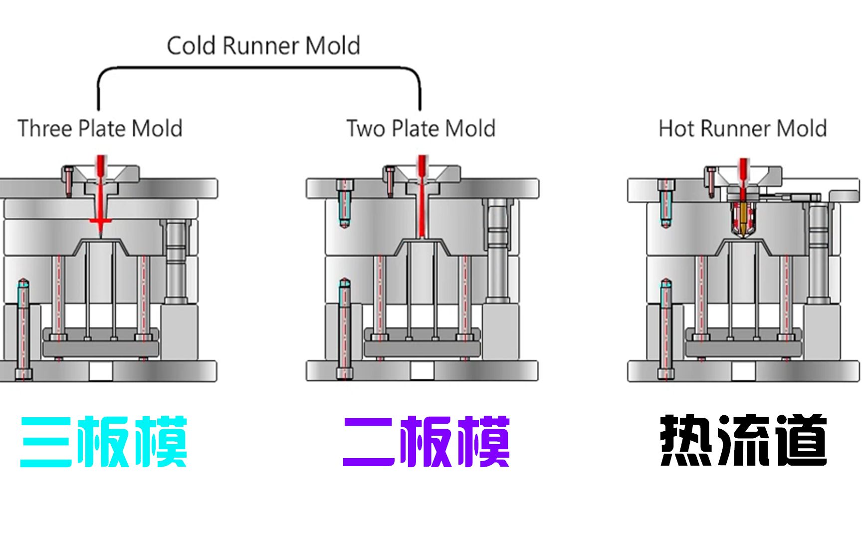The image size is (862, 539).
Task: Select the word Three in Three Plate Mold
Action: [x=45, y=128]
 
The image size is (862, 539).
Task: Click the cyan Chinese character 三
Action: [x=46, y=442]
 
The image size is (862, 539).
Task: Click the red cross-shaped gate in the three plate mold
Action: [x=100, y=221]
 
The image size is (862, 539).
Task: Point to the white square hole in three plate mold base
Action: [x=100, y=371]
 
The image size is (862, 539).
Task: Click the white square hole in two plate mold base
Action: [x=422, y=371]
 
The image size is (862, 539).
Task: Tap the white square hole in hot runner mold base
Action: [x=743, y=371]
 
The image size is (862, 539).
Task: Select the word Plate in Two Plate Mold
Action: [x=416, y=128]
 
